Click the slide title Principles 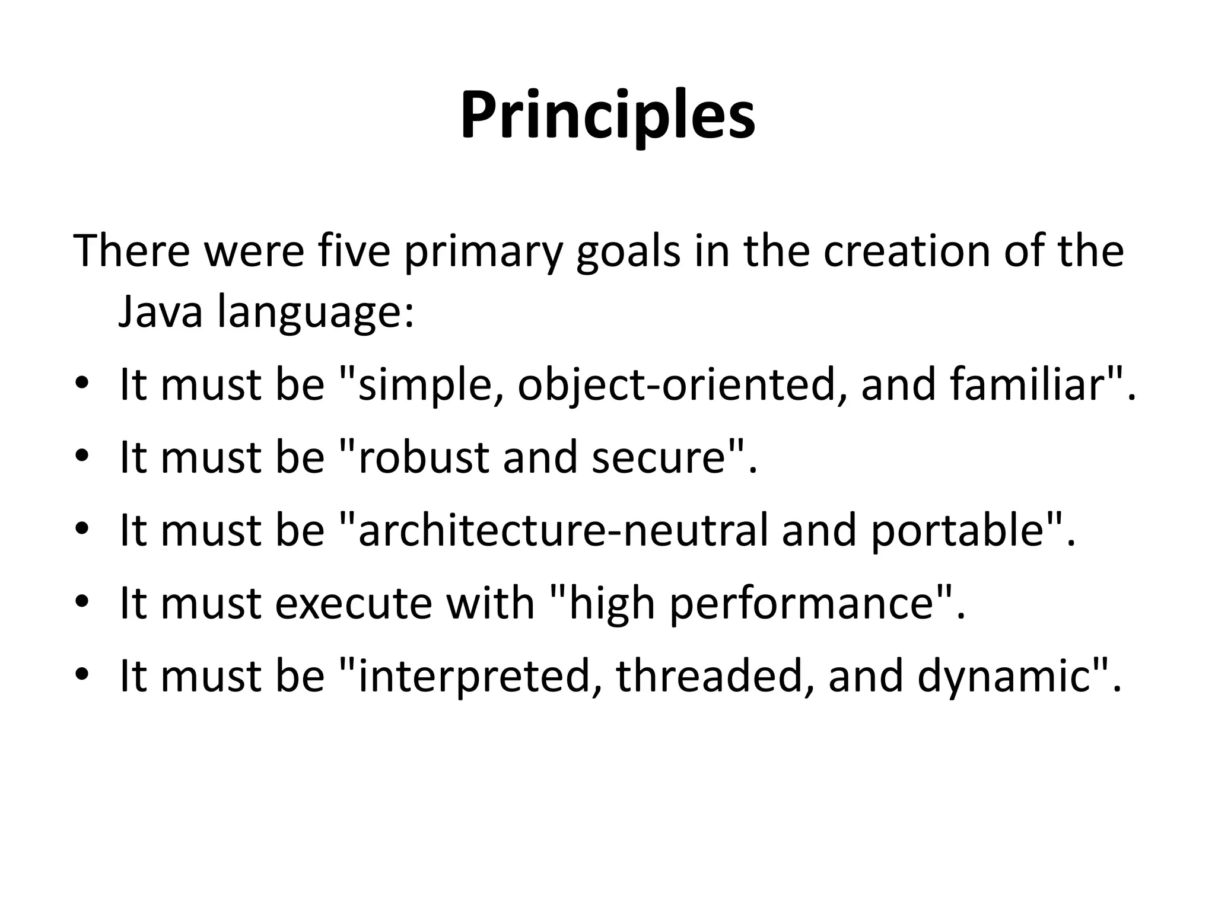pyautogui.click(x=607, y=116)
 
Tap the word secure pyautogui.click(x=659, y=458)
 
